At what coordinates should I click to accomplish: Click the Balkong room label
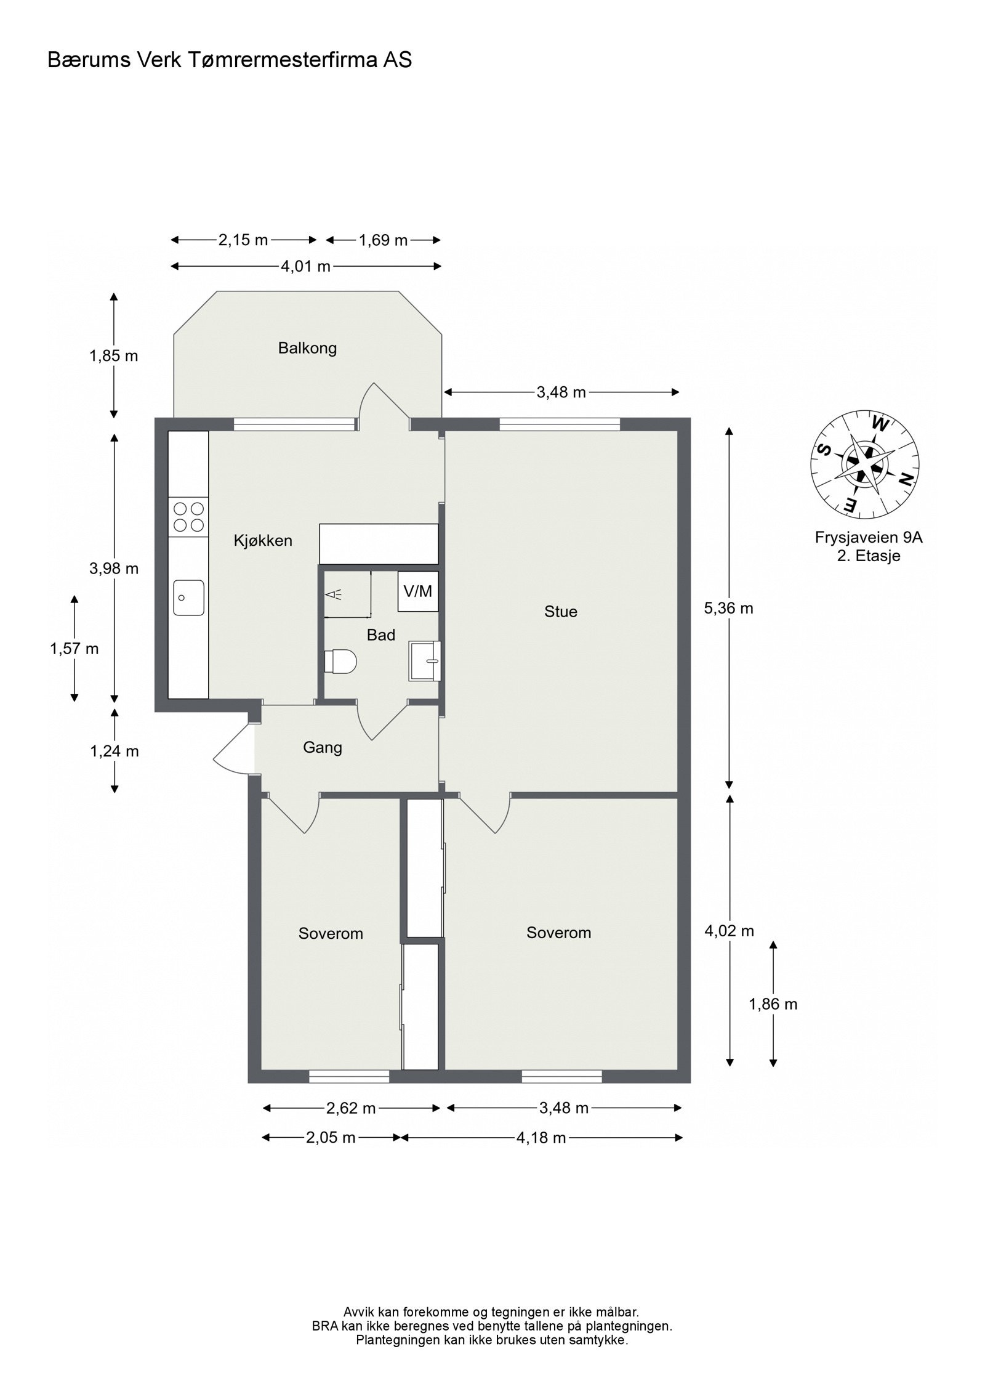[307, 349]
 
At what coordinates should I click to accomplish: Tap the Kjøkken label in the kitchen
[263, 541]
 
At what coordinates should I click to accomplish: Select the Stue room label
[561, 612]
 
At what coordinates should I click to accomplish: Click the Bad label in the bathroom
[381, 635]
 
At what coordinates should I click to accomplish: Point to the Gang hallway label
[323, 748]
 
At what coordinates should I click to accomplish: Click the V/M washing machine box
[418, 591]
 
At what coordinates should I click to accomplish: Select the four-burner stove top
[188, 517]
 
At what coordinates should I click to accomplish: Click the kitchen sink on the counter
[188, 597]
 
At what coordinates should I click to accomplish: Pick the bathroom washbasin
[425, 661]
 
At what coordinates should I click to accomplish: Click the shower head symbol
[333, 594]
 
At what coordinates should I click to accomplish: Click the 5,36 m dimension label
[728, 609]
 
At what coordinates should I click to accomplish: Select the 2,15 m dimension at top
[243, 240]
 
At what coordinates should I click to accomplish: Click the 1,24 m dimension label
[115, 751]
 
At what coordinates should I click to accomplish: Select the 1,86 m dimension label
[773, 1005]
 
